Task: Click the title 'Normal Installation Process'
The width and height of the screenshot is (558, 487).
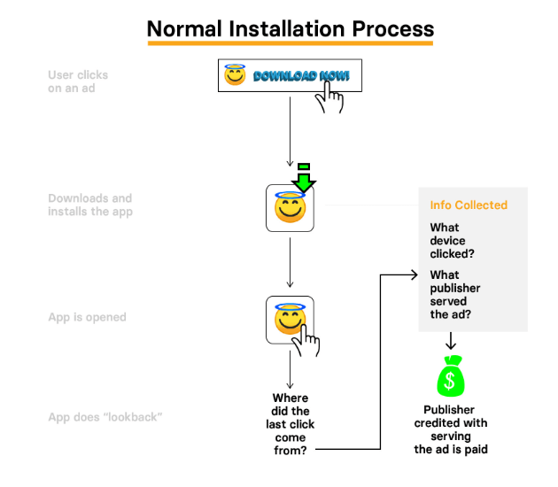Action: (290, 27)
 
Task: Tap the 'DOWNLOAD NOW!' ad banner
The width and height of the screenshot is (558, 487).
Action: (283, 76)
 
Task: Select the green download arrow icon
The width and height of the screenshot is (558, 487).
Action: (304, 178)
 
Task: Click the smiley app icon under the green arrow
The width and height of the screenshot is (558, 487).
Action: (290, 208)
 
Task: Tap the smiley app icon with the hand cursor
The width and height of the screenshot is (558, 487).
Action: (290, 320)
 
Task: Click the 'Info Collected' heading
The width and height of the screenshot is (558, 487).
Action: (469, 205)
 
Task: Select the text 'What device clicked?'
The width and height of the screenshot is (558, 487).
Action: (452, 241)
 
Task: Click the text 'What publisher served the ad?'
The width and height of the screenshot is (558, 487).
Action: (455, 294)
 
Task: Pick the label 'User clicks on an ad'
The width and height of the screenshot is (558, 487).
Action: (78, 81)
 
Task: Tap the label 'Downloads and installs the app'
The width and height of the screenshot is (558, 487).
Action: (89, 205)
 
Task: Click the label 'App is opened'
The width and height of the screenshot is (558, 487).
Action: (87, 317)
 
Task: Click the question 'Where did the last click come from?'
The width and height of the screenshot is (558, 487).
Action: (291, 424)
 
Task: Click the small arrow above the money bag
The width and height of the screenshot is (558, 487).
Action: (450, 341)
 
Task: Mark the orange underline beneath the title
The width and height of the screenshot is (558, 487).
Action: (290, 43)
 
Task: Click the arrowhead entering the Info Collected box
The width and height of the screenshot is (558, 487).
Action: (414, 275)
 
